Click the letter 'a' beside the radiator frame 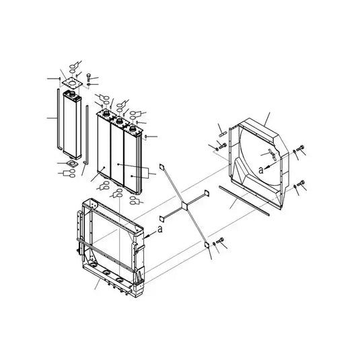pyautogui.click(x=159, y=229)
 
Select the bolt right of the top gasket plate pyautogui.click(x=89, y=75)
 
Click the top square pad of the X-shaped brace pyautogui.click(x=161, y=166)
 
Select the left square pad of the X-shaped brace pyautogui.click(x=161, y=218)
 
